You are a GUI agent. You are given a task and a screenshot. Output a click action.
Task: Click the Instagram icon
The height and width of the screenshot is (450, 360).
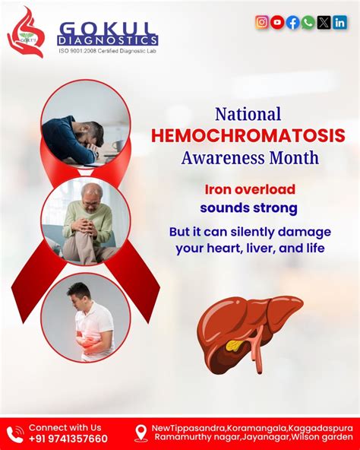click(x=262, y=22)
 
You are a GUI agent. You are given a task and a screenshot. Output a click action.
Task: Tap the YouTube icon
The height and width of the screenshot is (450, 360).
click(x=278, y=22)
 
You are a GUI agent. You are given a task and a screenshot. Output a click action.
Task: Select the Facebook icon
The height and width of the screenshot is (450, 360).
click(x=293, y=22)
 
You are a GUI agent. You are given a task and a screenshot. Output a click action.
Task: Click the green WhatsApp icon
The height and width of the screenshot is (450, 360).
click(x=308, y=22)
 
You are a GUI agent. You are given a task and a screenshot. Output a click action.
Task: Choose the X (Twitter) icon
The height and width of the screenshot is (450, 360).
click(x=324, y=22)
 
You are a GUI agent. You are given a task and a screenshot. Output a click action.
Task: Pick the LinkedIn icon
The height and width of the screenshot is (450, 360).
click(x=340, y=22)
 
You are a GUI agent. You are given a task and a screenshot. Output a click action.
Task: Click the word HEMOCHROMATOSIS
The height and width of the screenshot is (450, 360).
click(x=248, y=136)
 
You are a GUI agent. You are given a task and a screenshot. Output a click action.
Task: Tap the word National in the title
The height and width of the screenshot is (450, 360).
click(x=248, y=114)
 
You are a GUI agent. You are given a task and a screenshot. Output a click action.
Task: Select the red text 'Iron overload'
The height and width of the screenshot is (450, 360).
click(x=249, y=189)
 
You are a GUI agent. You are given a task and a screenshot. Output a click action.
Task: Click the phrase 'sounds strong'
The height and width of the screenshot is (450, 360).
click(x=249, y=207)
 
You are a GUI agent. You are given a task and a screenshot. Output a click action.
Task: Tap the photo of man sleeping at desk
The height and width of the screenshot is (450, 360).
click(x=85, y=125)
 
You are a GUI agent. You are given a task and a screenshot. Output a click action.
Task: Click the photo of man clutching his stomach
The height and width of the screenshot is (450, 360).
click(x=85, y=316)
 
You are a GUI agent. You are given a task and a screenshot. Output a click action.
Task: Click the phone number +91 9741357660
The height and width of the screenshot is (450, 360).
click(x=68, y=439)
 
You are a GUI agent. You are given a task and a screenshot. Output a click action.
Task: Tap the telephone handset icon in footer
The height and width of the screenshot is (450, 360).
click(x=14, y=433)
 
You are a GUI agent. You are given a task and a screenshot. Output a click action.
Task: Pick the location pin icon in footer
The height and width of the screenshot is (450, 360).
click(x=141, y=433)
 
